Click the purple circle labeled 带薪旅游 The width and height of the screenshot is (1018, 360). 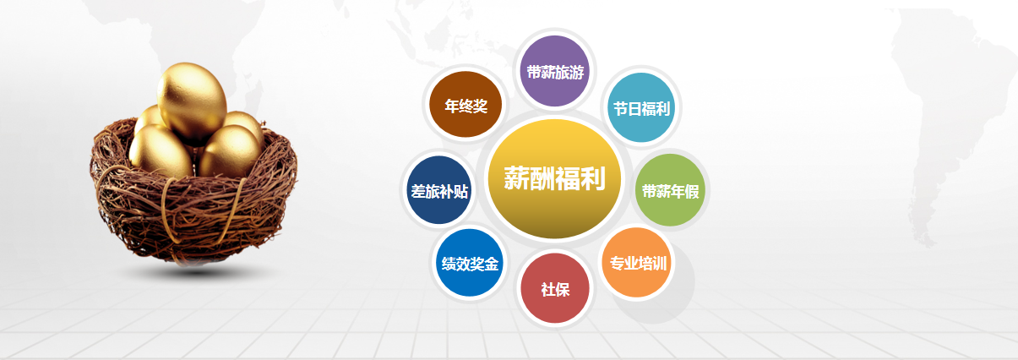[554, 71]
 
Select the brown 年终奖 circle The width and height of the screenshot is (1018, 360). [465, 104]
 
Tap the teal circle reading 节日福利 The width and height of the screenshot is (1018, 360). [641, 107]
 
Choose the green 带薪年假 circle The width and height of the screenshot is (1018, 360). [670, 190]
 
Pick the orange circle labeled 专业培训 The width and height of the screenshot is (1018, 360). [638, 263]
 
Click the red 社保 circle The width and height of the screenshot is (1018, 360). [555, 289]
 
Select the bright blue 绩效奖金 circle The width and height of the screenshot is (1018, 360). [470, 263]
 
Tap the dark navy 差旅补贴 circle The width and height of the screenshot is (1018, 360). [439, 190]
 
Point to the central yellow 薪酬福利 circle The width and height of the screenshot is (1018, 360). [554, 178]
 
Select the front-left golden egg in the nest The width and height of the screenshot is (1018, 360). [161, 151]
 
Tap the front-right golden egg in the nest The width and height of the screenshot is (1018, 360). [231, 152]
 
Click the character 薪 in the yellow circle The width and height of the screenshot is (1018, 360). [516, 177]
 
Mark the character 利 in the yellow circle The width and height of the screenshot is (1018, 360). [592, 177]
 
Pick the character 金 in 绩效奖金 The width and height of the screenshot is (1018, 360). [492, 264]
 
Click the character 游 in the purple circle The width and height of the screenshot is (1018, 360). [576, 72]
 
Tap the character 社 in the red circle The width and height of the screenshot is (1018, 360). [548, 290]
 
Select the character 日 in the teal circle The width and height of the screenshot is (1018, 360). [634, 109]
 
